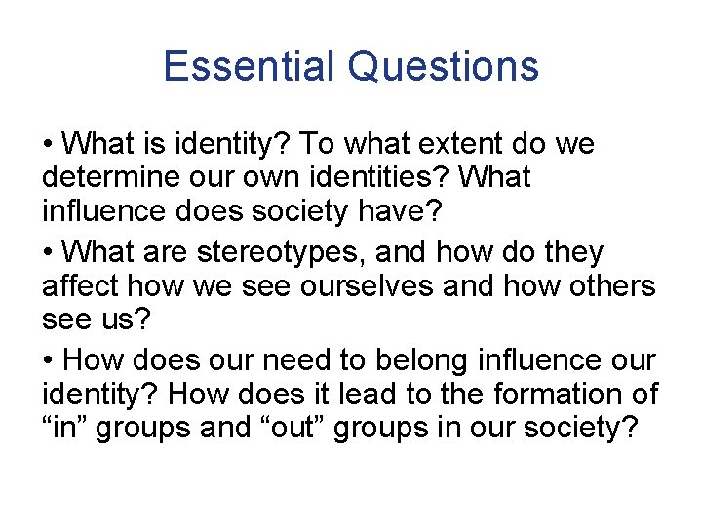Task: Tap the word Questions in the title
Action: pos(443,66)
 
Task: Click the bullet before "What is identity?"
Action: pos(49,145)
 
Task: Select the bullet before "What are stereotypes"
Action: pos(49,253)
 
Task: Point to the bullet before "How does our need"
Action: pos(49,361)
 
